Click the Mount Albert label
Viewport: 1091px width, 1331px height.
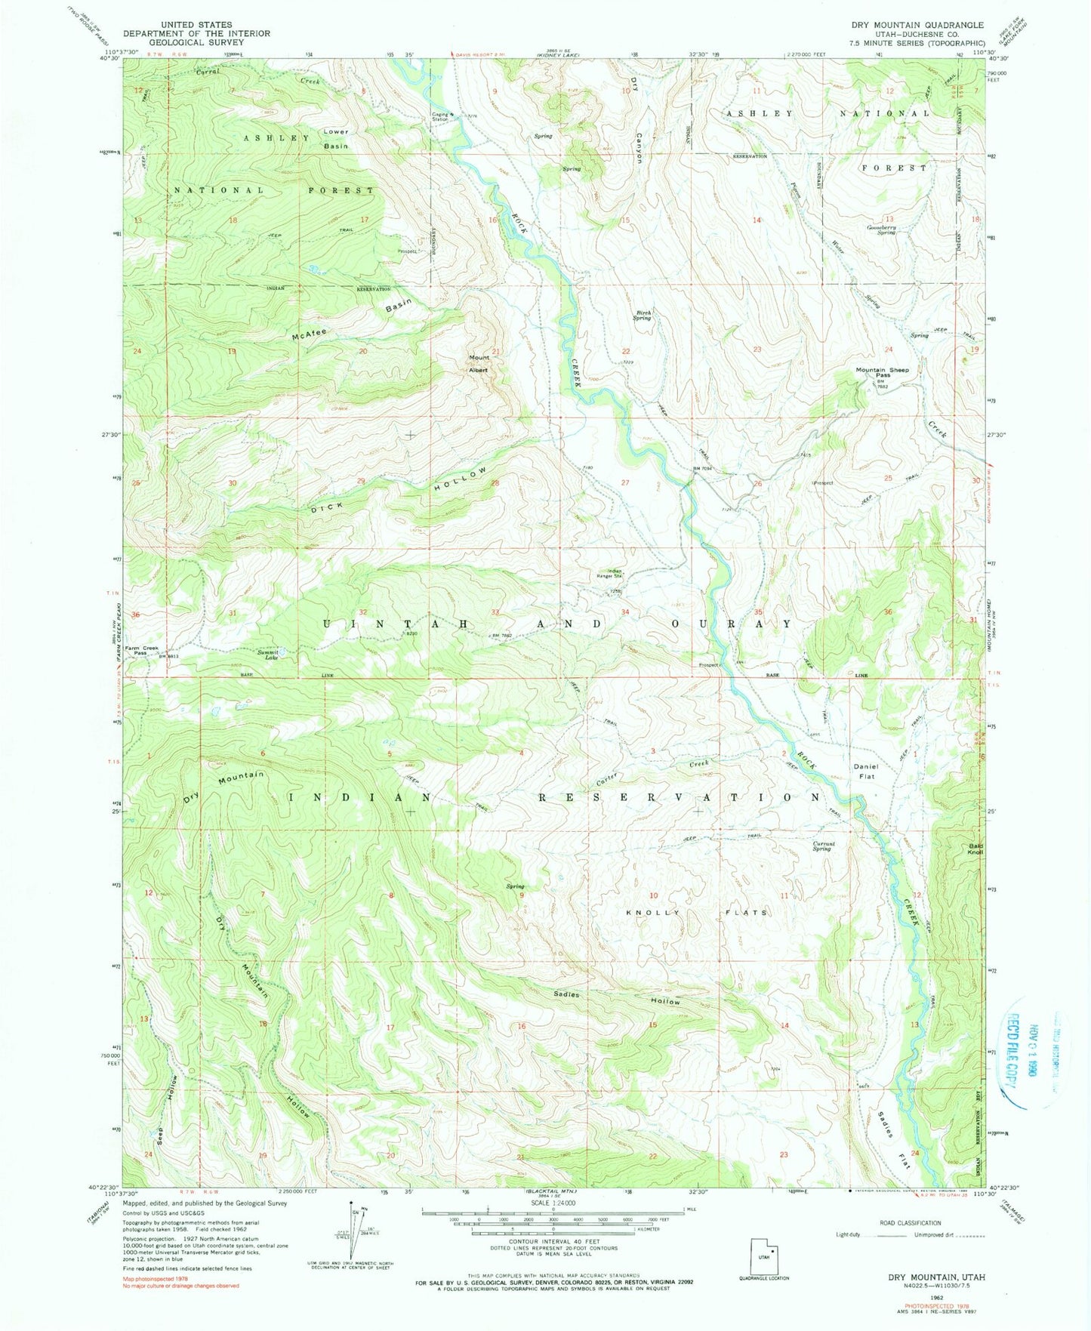(479, 364)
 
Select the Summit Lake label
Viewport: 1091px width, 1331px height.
(267, 655)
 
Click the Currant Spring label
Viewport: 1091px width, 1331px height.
(821, 846)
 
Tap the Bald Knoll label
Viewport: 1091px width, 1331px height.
(975, 849)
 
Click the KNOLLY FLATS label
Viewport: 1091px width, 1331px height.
(696, 913)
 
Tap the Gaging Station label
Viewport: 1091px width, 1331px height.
(440, 117)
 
